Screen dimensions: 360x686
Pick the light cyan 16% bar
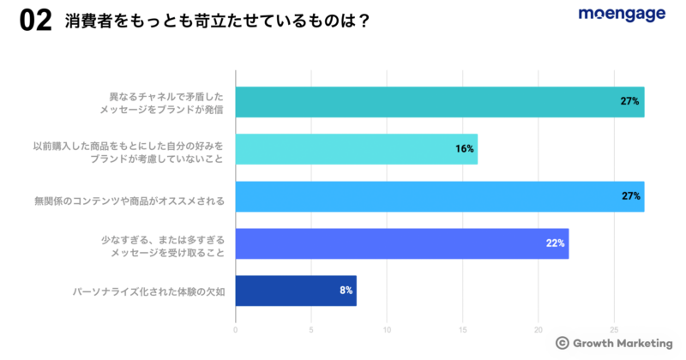pyautogui.click(x=356, y=149)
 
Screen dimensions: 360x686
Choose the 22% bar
pyautogui.click(x=401, y=243)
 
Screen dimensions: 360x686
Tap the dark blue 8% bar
pyautogui.click(x=295, y=291)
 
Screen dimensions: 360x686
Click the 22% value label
pyautogui.click(x=555, y=243)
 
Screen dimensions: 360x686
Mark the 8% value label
pyautogui.click(x=346, y=291)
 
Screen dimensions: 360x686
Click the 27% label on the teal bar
pyautogui.click(x=630, y=102)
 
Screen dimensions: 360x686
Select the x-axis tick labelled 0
pyautogui.click(x=236, y=329)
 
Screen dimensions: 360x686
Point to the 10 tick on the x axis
pyautogui.click(x=387, y=329)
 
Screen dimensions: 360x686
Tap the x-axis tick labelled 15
pyautogui.click(x=463, y=329)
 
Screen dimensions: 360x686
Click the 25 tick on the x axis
pyautogui.click(x=614, y=329)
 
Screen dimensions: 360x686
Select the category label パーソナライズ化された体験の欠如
pyautogui.click(x=148, y=291)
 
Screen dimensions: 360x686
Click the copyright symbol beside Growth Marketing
pyautogui.click(x=562, y=342)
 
